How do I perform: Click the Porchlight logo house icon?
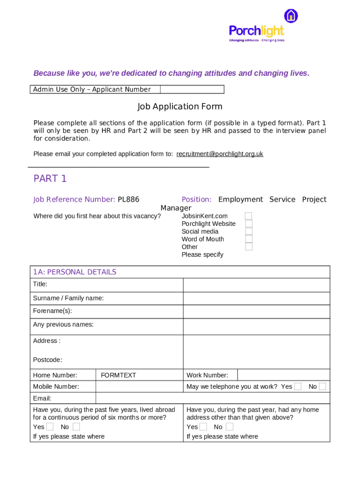(291, 15)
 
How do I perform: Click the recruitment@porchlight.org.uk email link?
(219, 154)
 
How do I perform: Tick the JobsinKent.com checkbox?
(249, 216)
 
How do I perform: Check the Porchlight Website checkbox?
(249, 224)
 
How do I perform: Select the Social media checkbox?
(249, 231)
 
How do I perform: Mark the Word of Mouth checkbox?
(249, 239)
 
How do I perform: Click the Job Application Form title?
(180, 107)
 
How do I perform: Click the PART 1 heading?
(50, 179)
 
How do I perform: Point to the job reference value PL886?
(128, 200)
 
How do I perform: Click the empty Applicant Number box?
(192, 89)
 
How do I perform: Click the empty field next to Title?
(256, 285)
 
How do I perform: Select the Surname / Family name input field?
(256, 298)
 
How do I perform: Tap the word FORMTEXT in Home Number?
(118, 375)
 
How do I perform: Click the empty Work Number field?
(283, 375)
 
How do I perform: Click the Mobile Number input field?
(139, 387)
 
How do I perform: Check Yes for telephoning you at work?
(298, 386)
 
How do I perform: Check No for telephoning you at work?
(322, 386)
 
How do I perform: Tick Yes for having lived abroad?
(50, 427)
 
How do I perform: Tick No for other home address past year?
(229, 427)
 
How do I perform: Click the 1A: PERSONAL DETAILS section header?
(74, 272)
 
